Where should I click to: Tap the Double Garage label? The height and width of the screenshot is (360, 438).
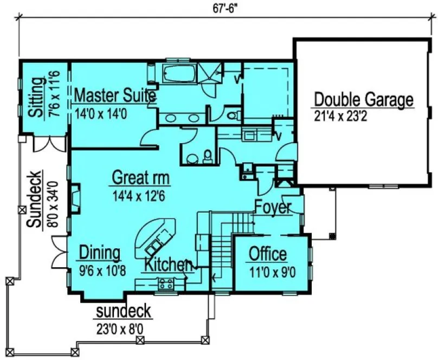coord(364,100)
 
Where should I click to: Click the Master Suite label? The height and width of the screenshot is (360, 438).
coord(115,96)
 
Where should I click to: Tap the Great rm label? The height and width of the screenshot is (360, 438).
coord(140,178)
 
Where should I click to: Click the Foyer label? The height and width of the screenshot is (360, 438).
coord(273,208)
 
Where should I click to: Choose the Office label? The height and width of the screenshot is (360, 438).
coord(267,253)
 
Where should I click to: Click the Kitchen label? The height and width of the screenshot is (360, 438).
coord(168,266)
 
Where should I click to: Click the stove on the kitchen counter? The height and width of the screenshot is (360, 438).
coord(165,282)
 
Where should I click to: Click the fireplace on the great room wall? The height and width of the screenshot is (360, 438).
coord(75,198)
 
